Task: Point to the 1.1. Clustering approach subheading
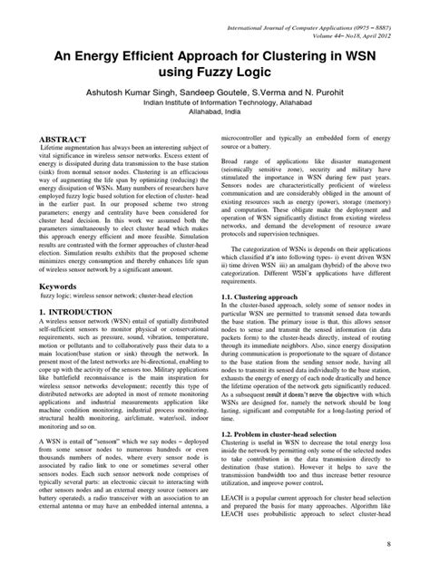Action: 266,296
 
